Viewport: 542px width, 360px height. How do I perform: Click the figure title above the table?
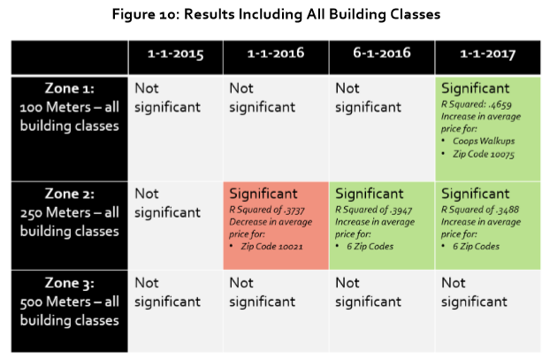tap(276, 14)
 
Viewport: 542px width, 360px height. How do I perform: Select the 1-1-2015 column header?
tap(176, 54)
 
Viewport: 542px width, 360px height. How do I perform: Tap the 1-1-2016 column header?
tap(276, 53)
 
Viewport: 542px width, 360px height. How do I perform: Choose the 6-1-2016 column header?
tap(382, 53)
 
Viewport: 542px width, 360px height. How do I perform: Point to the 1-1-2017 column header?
tap(488, 54)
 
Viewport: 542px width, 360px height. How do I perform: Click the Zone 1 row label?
tap(70, 107)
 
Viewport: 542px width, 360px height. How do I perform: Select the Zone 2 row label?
tap(70, 212)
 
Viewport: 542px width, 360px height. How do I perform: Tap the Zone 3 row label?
tap(70, 302)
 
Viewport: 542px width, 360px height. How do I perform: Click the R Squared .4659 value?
tap(477, 104)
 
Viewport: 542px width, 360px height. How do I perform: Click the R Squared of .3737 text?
tap(267, 210)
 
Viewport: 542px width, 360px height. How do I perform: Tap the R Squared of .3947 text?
tap(374, 210)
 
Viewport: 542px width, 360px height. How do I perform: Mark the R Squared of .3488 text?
tap(480, 210)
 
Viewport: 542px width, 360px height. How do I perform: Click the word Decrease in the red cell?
tap(246, 222)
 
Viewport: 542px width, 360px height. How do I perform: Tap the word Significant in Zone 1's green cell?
tap(476, 88)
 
